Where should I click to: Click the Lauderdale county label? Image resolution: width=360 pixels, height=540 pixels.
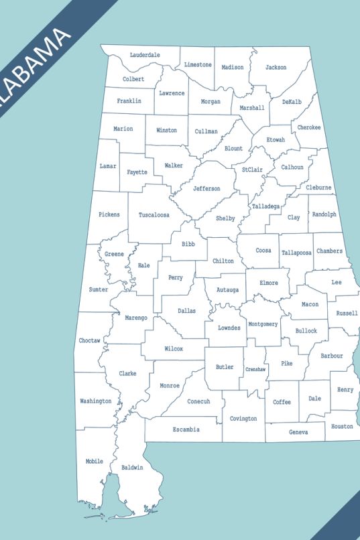(x=145, y=55)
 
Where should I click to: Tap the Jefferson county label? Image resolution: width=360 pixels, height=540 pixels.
(x=206, y=189)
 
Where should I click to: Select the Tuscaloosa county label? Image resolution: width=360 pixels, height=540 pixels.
(x=154, y=215)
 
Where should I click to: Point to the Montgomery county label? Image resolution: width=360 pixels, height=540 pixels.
(x=263, y=324)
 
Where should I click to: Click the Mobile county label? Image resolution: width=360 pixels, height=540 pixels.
(x=95, y=462)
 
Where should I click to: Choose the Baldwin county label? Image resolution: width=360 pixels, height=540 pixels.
(x=132, y=468)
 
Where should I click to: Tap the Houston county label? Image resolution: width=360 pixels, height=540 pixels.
(x=342, y=427)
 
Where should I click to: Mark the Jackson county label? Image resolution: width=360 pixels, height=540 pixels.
(x=276, y=68)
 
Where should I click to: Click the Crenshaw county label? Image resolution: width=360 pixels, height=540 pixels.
(x=255, y=369)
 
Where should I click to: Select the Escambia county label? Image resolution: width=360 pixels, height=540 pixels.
(x=186, y=429)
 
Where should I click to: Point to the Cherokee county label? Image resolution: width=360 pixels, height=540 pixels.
(x=309, y=127)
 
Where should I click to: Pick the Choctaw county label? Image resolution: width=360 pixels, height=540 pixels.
(x=89, y=341)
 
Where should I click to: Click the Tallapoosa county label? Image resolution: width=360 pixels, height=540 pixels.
(x=296, y=253)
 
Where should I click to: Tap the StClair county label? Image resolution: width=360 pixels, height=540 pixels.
(x=253, y=170)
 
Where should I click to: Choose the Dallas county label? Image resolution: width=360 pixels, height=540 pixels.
(x=187, y=311)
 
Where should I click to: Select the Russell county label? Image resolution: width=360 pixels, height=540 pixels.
(x=347, y=314)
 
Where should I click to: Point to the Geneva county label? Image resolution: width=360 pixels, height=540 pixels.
(x=298, y=432)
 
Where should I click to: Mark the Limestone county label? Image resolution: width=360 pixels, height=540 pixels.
(x=198, y=65)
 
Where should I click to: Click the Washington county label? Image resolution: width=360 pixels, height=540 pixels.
(x=96, y=401)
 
